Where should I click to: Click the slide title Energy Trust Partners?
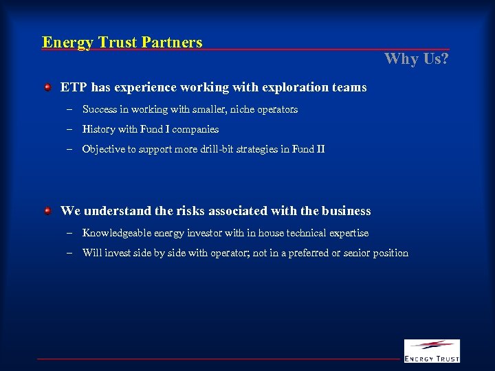click(122, 43)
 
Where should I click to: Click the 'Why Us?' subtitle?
click(417, 58)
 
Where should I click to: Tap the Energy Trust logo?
click(432, 350)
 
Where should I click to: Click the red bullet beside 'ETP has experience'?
click(47, 87)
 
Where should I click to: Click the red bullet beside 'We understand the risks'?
click(47, 210)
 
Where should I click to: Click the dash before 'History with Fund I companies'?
click(70, 129)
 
